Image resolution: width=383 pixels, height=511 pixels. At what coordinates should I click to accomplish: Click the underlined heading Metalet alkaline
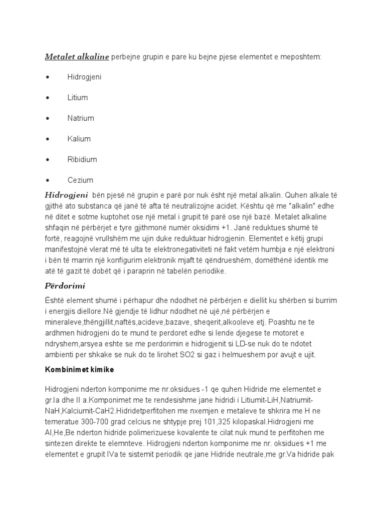pos(77,57)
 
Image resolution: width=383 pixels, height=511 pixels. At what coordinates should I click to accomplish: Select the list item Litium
pos(77,98)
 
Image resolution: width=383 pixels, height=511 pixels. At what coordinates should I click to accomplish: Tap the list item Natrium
pos(80,118)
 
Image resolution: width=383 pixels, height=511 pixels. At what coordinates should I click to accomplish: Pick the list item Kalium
pos(79,139)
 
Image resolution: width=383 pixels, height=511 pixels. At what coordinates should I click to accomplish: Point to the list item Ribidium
pos(82,160)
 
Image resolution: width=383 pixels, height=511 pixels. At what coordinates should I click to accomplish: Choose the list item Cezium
pos(80,180)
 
